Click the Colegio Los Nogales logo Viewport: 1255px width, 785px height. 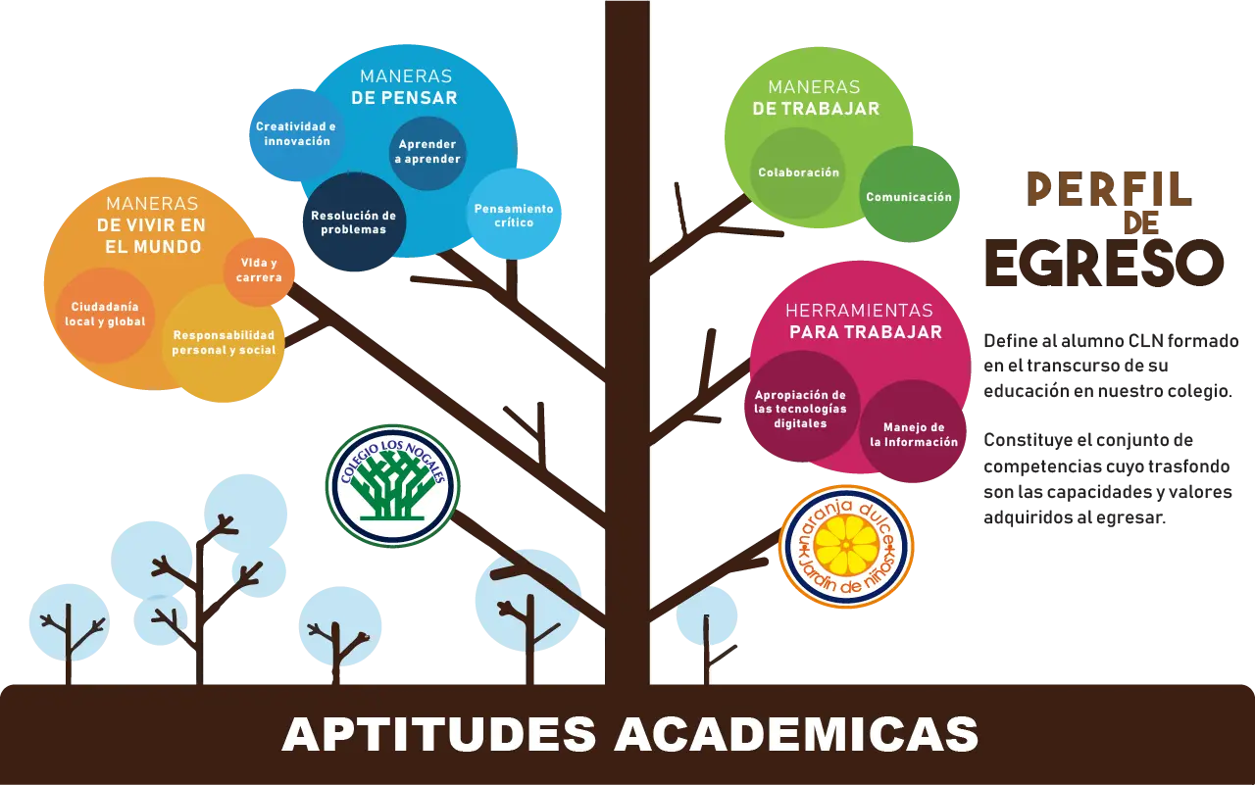(393, 485)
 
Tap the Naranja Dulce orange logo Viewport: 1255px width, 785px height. (846, 547)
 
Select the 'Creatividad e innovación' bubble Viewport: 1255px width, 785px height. (296, 134)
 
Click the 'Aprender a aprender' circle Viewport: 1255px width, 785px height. (427, 152)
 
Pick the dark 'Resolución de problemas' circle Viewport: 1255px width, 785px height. (354, 222)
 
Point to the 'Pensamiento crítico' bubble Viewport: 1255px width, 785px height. (513, 215)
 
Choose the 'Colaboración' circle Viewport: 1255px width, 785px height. (798, 172)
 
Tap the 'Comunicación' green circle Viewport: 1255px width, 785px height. (909, 194)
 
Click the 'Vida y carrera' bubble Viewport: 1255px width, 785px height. (259, 271)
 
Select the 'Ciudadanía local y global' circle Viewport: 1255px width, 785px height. (105, 315)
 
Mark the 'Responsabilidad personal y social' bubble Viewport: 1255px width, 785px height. (224, 343)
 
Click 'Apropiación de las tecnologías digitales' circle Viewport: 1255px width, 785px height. (801, 407)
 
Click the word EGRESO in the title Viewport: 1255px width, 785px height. (1104, 264)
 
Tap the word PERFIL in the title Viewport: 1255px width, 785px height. (1110, 190)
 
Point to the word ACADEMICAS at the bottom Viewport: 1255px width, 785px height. (796, 734)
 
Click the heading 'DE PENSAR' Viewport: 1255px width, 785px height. (405, 98)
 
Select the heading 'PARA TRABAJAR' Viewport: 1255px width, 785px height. (866, 332)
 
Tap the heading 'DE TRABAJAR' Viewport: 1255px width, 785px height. (817, 109)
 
